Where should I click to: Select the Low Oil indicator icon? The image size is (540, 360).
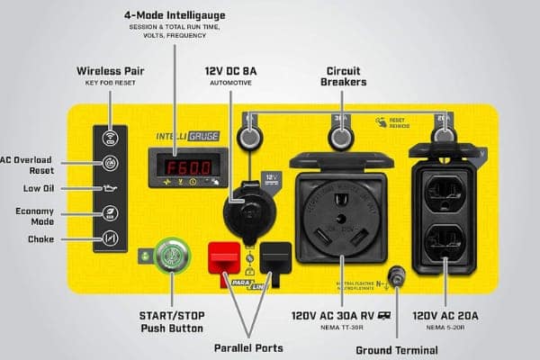click(x=109, y=188)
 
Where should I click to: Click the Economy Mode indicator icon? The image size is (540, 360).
click(x=109, y=214)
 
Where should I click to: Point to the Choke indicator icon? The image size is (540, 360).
click(x=109, y=239)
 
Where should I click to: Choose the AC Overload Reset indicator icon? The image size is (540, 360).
click(x=109, y=163)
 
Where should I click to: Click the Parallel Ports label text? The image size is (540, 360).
click(x=248, y=347)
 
